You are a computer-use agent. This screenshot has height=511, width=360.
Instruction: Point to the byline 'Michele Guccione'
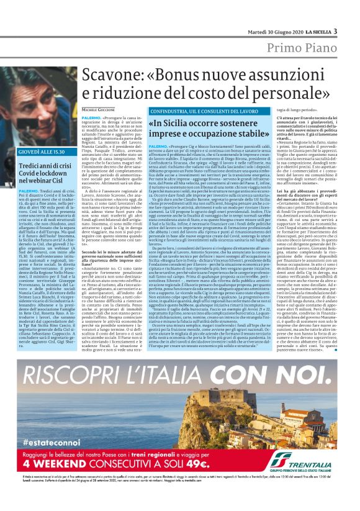point(99,109)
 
